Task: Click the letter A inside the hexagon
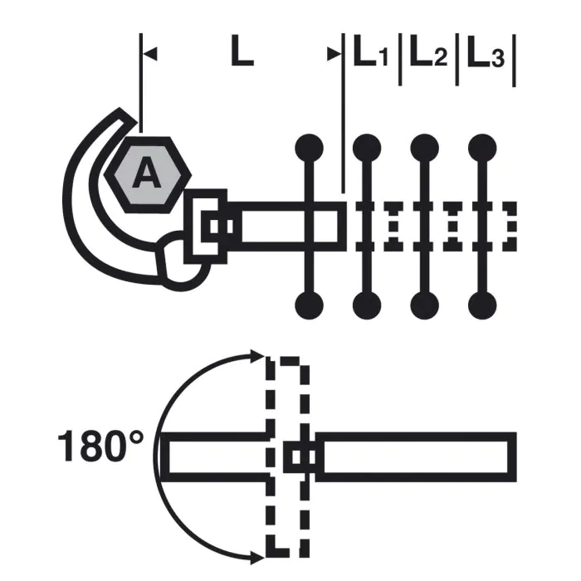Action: pyautogui.click(x=147, y=172)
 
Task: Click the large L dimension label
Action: pyautogui.click(x=242, y=51)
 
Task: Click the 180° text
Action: pyautogui.click(x=100, y=446)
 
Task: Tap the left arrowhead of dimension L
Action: pyautogui.click(x=150, y=54)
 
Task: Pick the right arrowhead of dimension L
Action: pyautogui.click(x=334, y=54)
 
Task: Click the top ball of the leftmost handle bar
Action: pyautogui.click(x=309, y=148)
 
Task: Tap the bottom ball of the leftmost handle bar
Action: pyautogui.click(x=309, y=305)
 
